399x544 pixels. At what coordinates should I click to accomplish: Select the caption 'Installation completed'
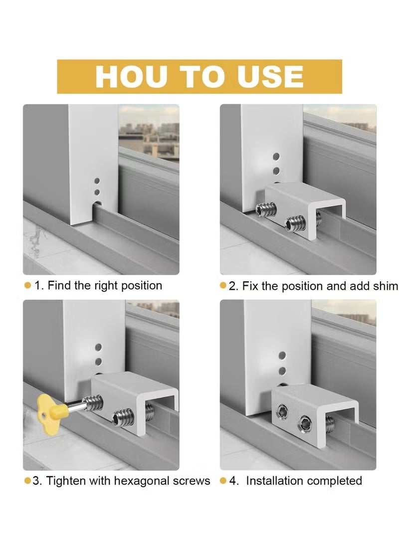(x=304, y=481)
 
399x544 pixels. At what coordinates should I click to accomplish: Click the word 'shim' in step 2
(x=386, y=286)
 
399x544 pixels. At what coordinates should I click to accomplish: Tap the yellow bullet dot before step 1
(x=27, y=286)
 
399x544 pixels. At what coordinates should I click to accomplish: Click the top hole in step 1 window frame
(x=97, y=181)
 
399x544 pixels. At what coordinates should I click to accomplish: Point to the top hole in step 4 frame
(x=282, y=355)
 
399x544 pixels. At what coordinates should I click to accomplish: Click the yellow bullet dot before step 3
(x=27, y=481)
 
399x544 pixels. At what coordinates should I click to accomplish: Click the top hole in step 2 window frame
(x=276, y=157)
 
